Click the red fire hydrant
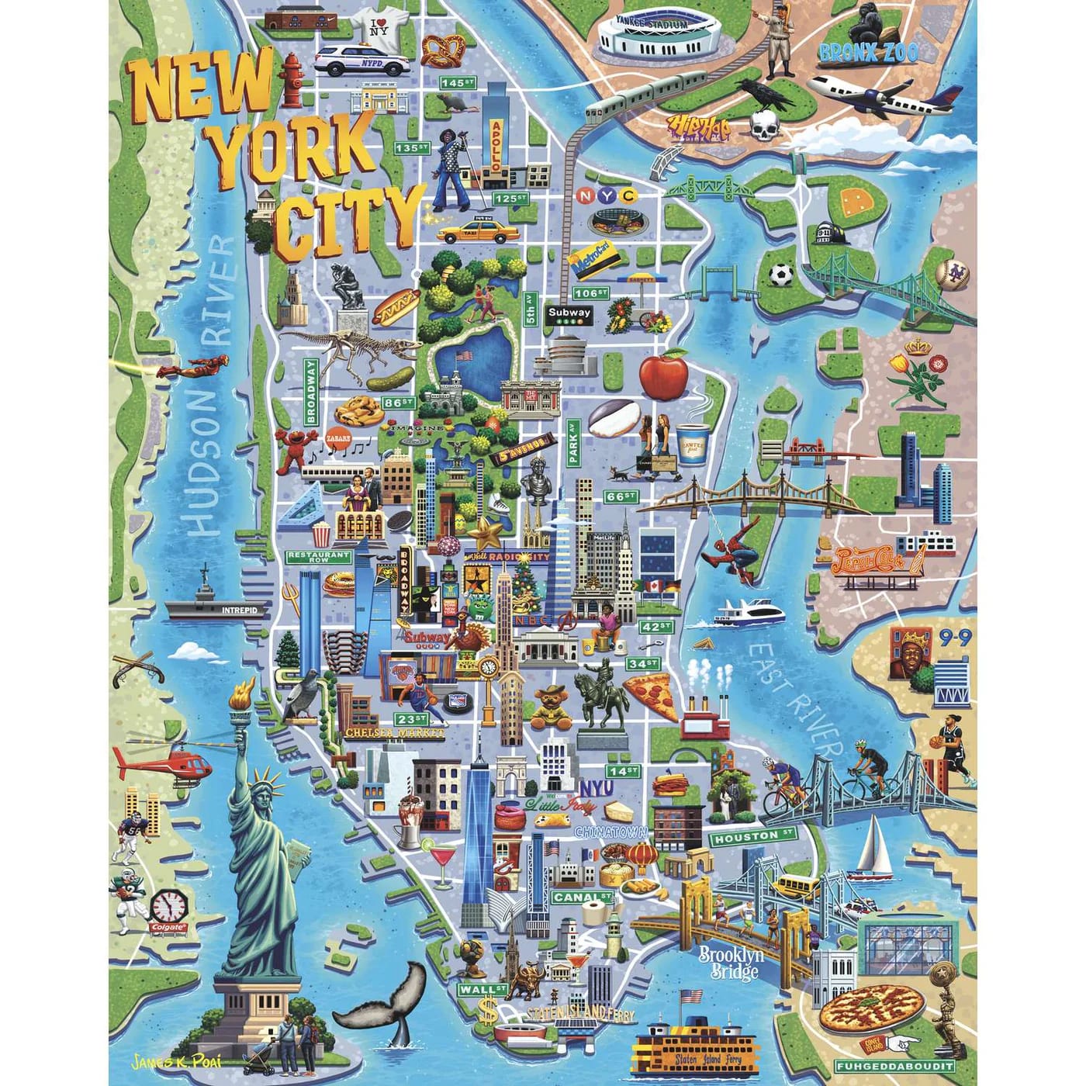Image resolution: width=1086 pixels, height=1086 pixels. (292, 79)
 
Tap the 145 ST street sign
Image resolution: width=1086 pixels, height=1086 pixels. (457, 82)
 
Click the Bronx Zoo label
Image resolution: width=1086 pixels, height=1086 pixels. (869, 53)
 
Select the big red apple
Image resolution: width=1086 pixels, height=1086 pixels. (663, 375)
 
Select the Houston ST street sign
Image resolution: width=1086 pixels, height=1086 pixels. (753, 837)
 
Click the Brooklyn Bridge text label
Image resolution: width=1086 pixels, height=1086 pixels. (731, 963)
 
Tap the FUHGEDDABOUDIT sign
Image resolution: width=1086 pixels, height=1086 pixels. (894, 1067)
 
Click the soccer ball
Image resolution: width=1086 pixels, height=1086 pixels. (781, 275)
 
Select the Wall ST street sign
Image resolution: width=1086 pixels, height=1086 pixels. (482, 990)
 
